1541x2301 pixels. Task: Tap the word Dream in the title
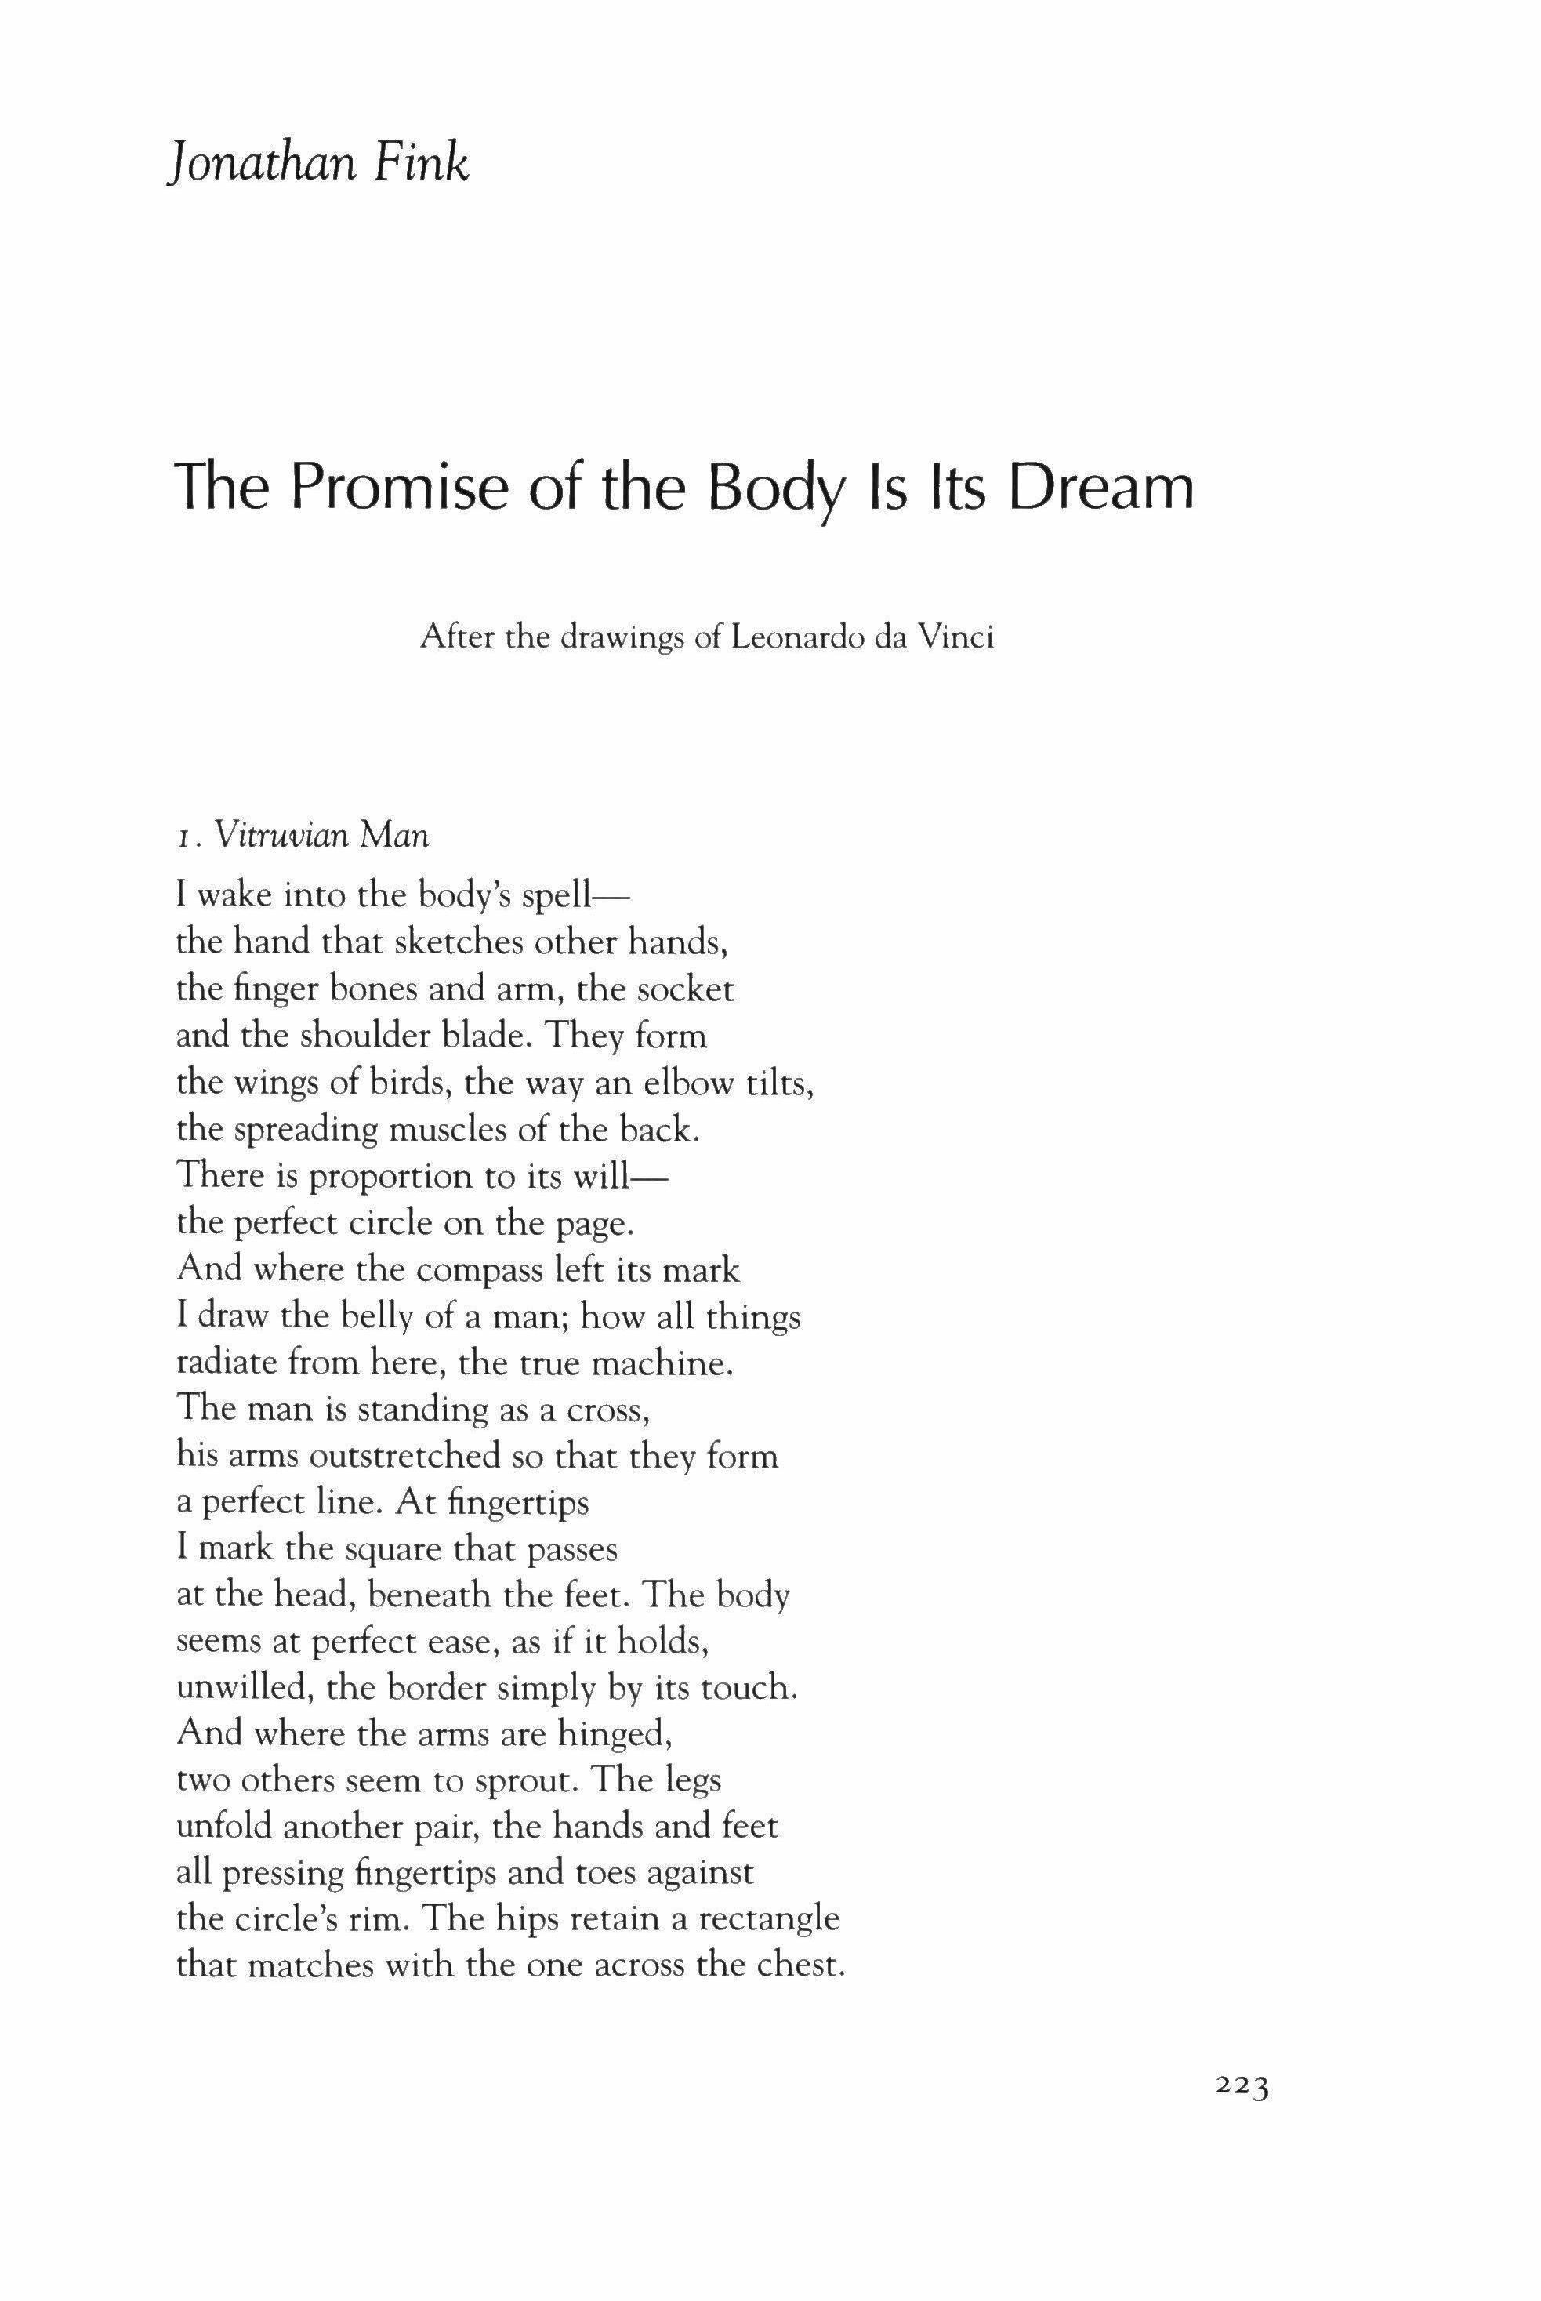pos(1102,488)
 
